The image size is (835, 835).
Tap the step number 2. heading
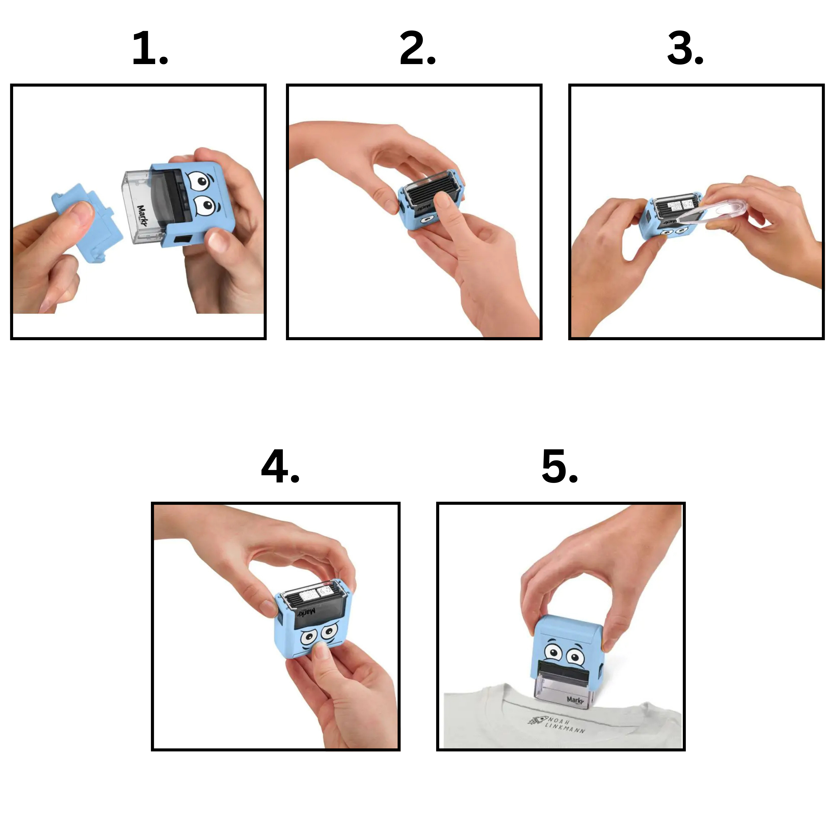[418, 48]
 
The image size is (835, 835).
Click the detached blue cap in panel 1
[86, 223]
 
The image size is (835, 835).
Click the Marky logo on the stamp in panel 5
[575, 700]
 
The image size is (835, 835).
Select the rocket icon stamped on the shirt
[537, 720]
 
